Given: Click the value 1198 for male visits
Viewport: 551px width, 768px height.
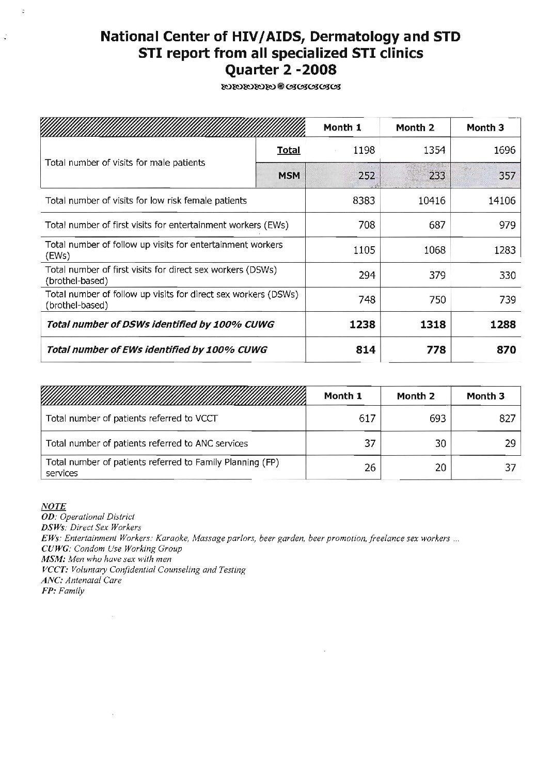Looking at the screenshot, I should [x=364, y=151].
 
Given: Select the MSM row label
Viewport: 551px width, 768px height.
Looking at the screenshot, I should [x=289, y=176].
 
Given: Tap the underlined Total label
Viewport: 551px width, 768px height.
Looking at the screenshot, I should [x=288, y=151].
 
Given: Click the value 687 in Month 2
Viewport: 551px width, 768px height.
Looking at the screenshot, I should [x=437, y=226].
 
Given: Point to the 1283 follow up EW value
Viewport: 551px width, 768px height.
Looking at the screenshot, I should [x=505, y=250].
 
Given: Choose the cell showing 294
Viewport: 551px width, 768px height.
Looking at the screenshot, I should [x=367, y=275].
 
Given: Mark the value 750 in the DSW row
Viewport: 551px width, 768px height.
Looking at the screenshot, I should [x=437, y=300].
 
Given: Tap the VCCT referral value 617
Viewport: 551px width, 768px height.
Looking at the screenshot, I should [x=367, y=419].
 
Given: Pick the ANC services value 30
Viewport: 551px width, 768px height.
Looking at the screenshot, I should [x=440, y=443].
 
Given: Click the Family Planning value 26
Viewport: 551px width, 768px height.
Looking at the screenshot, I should [x=369, y=468].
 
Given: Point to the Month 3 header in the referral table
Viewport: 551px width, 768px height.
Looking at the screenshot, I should [x=485, y=396].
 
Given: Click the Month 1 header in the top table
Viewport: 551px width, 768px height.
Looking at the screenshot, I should [x=342, y=127].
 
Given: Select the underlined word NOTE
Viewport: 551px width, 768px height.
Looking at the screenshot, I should [x=53, y=506].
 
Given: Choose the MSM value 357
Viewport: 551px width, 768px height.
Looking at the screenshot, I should [x=507, y=176].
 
